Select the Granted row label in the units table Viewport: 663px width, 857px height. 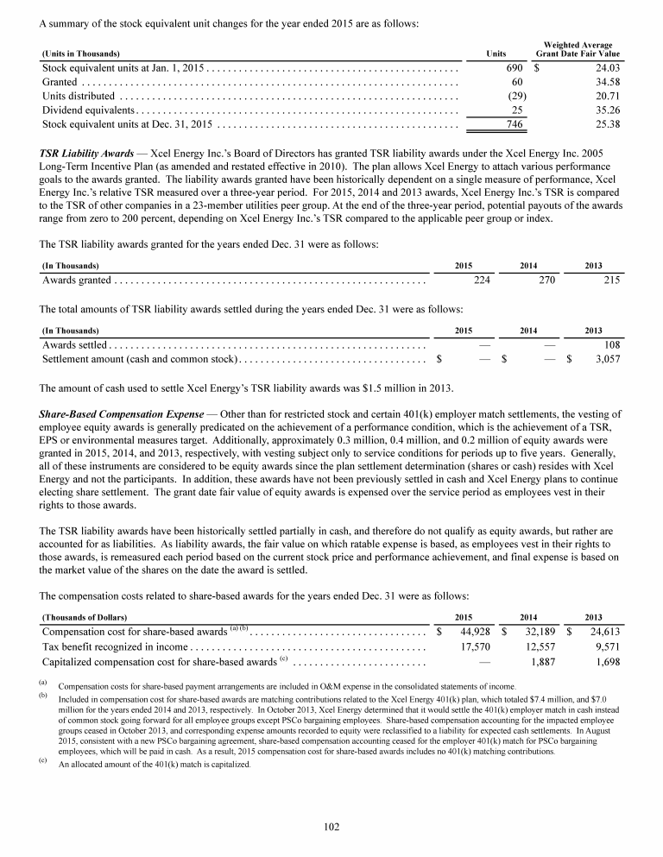pyautogui.click(x=60, y=81)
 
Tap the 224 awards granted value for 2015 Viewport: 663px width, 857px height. pyautogui.click(x=483, y=280)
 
